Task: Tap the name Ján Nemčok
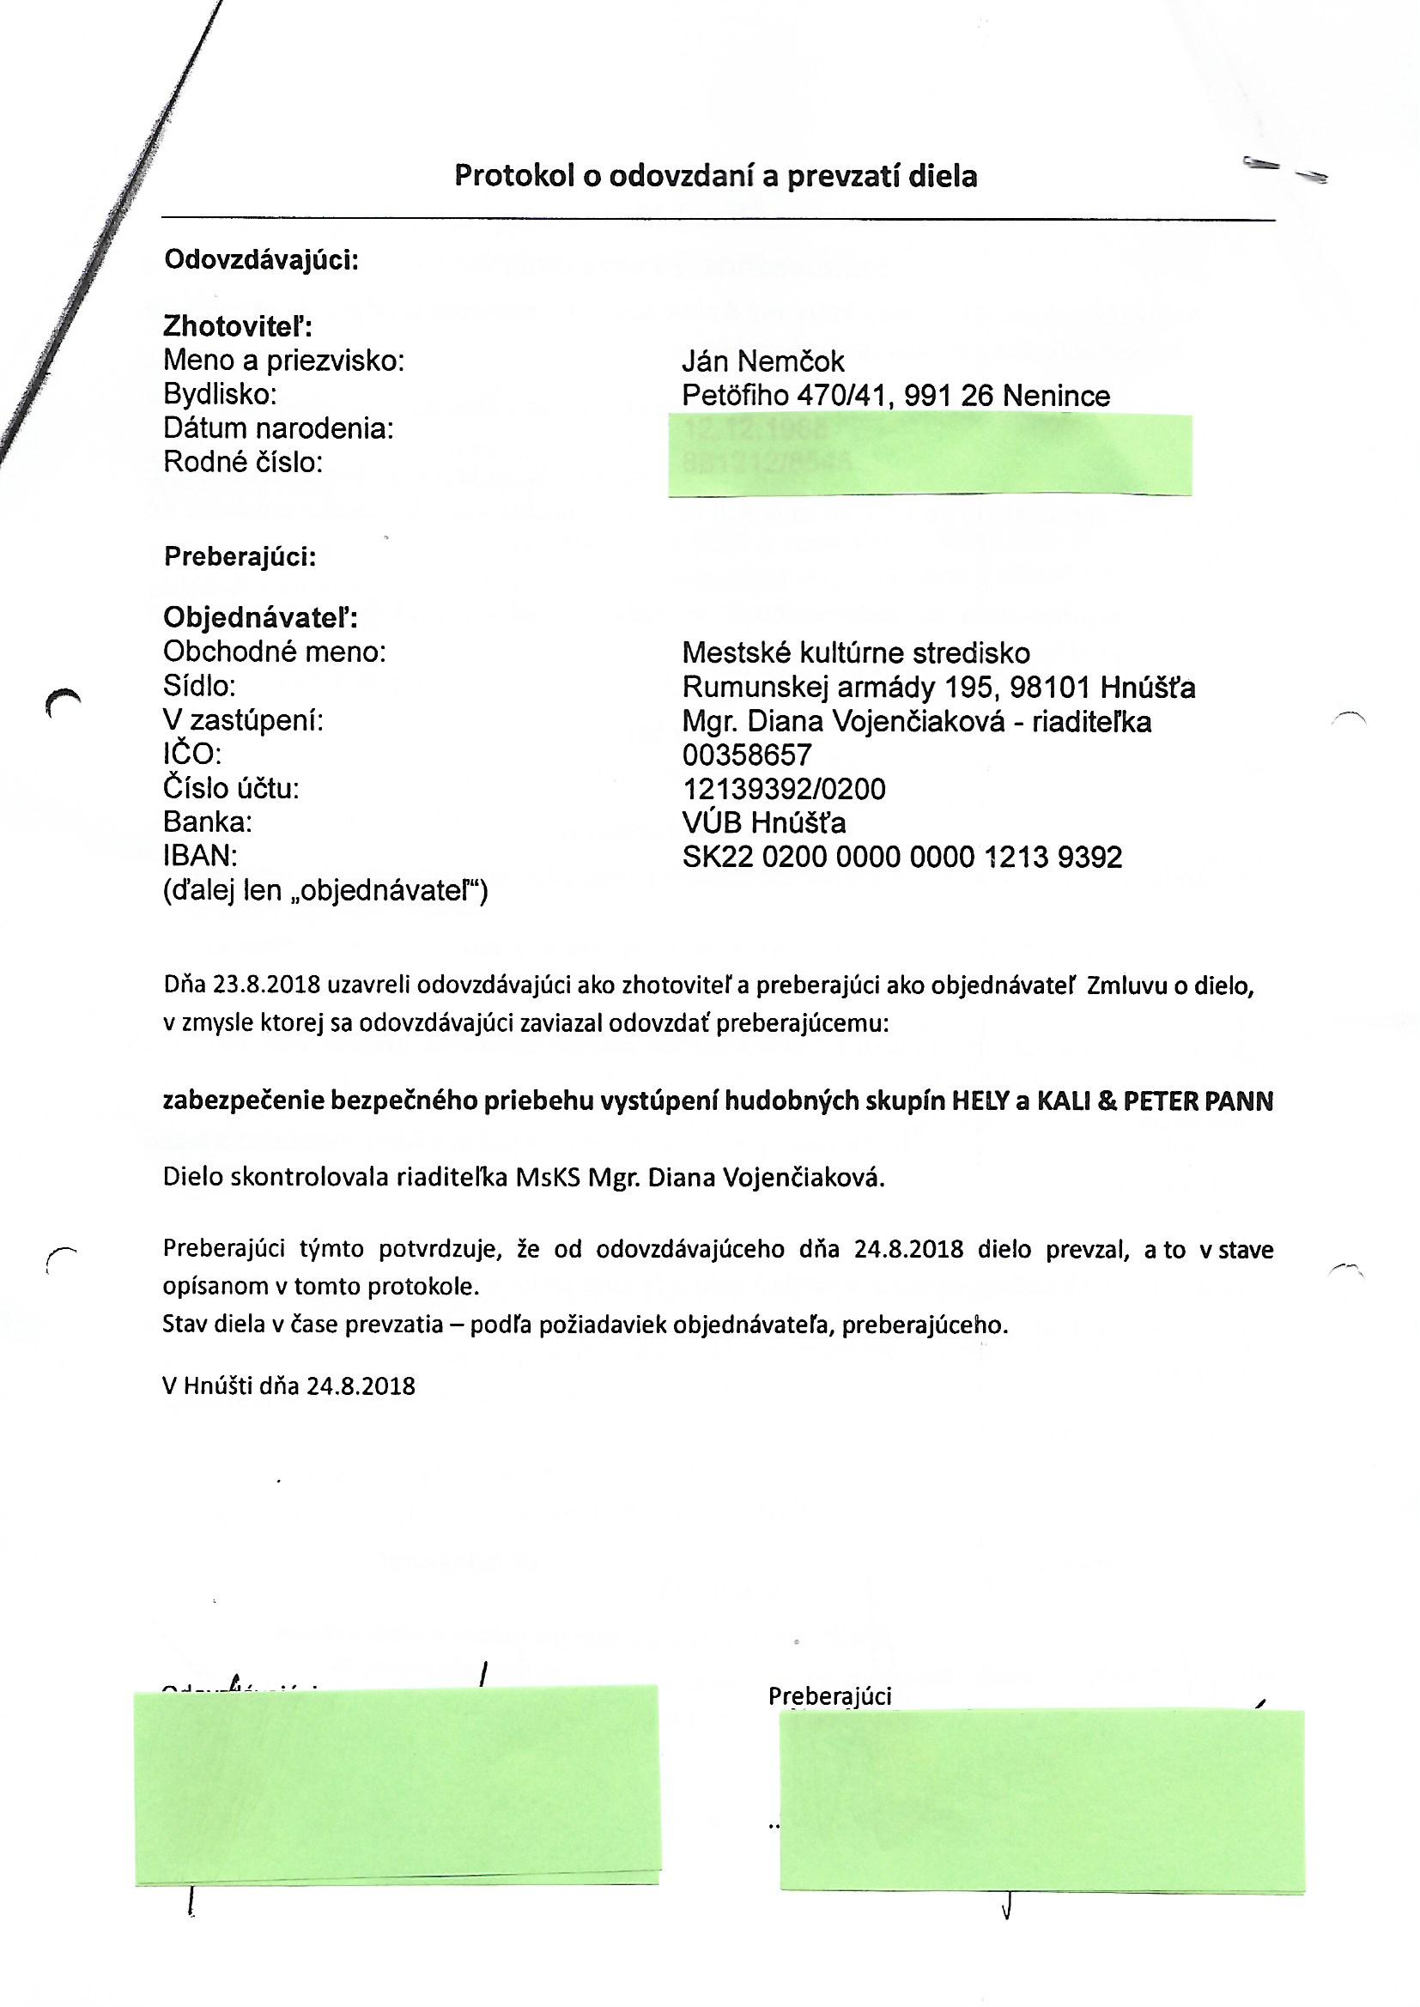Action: point(762,361)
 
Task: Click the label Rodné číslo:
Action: point(243,463)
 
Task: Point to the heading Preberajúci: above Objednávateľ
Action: point(240,557)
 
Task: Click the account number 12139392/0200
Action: point(784,790)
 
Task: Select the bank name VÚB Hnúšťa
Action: point(763,822)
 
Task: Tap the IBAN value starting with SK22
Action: point(901,858)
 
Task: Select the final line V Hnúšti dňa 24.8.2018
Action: point(288,1385)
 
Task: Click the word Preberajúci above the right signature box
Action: point(829,1695)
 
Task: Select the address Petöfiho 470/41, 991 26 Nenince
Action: point(895,396)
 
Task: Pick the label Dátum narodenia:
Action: point(278,428)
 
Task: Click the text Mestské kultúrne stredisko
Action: point(855,652)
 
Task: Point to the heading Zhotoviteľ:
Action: point(238,327)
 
